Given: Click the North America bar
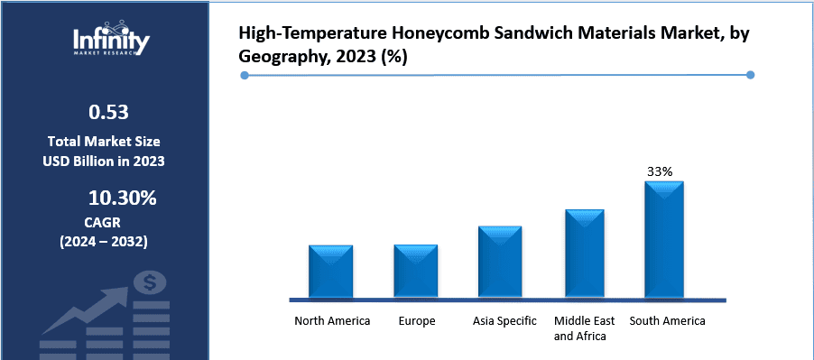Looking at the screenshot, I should pos(330,271).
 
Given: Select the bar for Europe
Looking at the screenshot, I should pos(416,271).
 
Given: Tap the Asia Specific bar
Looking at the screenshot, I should pos(500,262).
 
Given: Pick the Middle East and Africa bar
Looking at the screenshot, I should pos(585,254).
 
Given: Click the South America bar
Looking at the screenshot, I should pos(664,239).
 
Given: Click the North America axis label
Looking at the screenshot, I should pos(332,321).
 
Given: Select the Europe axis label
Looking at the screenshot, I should pos(416,321).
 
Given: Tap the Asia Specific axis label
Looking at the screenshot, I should pos(504,321).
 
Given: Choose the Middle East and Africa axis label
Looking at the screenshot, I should pos(584,328).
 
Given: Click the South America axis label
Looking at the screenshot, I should pos(667,321).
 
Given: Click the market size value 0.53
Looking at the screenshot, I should pos(107,113).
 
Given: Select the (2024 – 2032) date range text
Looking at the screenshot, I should pos(104,242).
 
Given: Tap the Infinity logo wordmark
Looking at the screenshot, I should pos(112,40).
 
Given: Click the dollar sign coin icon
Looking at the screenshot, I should pos(149,283).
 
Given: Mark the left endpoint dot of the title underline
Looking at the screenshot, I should pos(245,76).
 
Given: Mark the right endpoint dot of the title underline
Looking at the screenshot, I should pos(752,76).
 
